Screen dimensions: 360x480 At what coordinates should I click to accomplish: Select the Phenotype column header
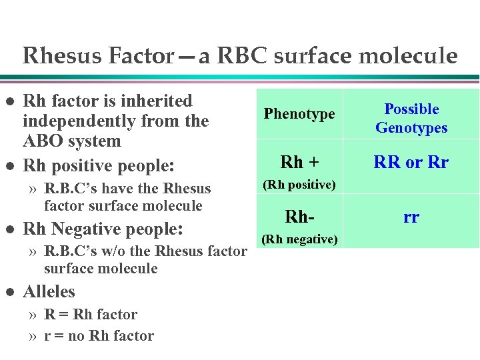[x=299, y=114]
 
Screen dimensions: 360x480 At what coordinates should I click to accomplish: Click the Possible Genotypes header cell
[x=411, y=118]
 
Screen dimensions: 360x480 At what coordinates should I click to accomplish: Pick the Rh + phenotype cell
[x=299, y=162]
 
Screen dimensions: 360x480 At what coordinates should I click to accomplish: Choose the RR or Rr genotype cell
[x=411, y=162]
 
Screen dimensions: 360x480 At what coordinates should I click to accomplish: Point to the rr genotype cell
[x=411, y=217]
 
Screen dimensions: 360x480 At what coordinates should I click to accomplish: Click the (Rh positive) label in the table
[x=299, y=185]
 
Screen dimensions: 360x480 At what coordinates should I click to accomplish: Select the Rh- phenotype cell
[x=299, y=217]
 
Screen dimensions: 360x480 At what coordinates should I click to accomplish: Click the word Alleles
[x=49, y=292]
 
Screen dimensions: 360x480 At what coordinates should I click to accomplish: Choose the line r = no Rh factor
[x=99, y=336]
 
